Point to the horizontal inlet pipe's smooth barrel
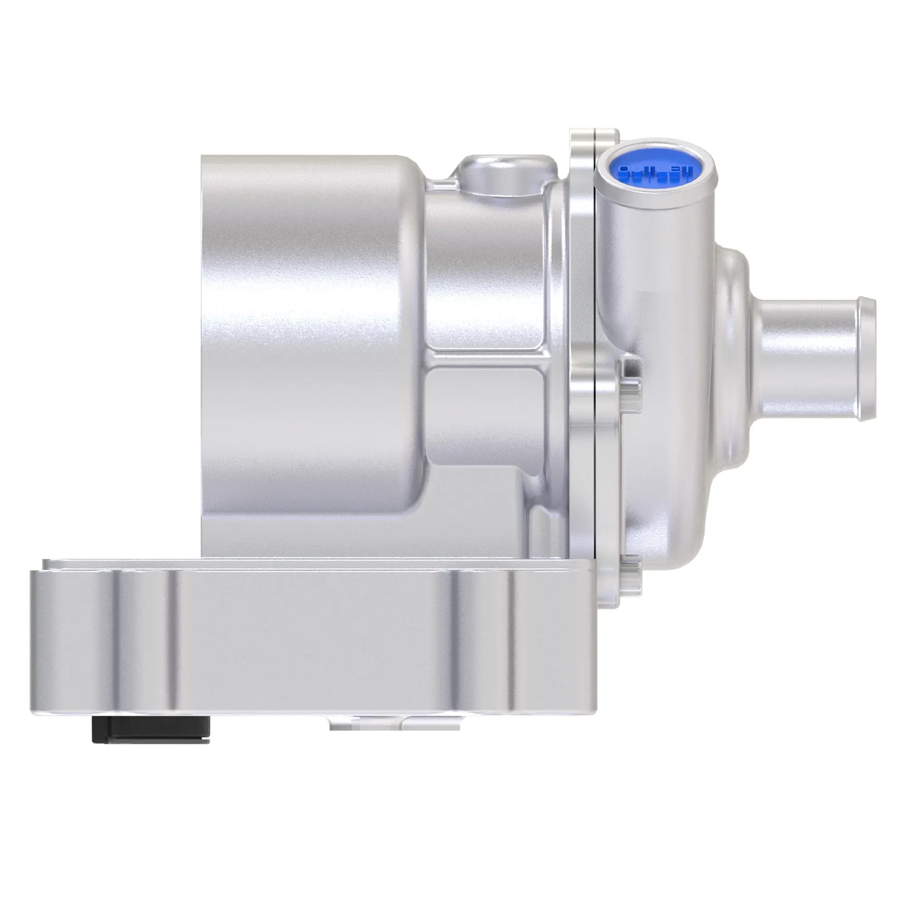[x=807, y=359]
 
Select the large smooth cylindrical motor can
[x=309, y=328]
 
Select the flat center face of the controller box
[x=309, y=647]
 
